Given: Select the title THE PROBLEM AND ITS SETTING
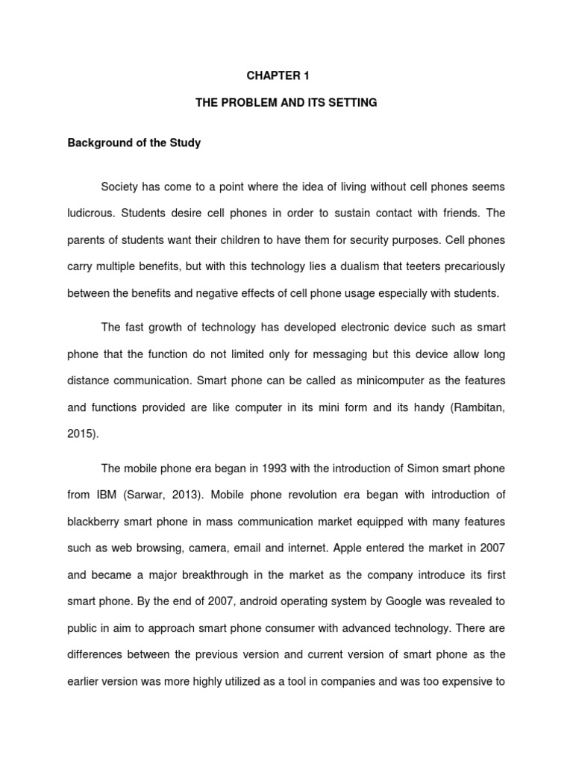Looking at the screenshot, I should point(286,103).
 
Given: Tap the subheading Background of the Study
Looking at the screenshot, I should point(134,143).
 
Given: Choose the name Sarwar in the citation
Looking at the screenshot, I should point(148,495).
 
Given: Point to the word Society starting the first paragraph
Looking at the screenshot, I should point(121,186).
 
